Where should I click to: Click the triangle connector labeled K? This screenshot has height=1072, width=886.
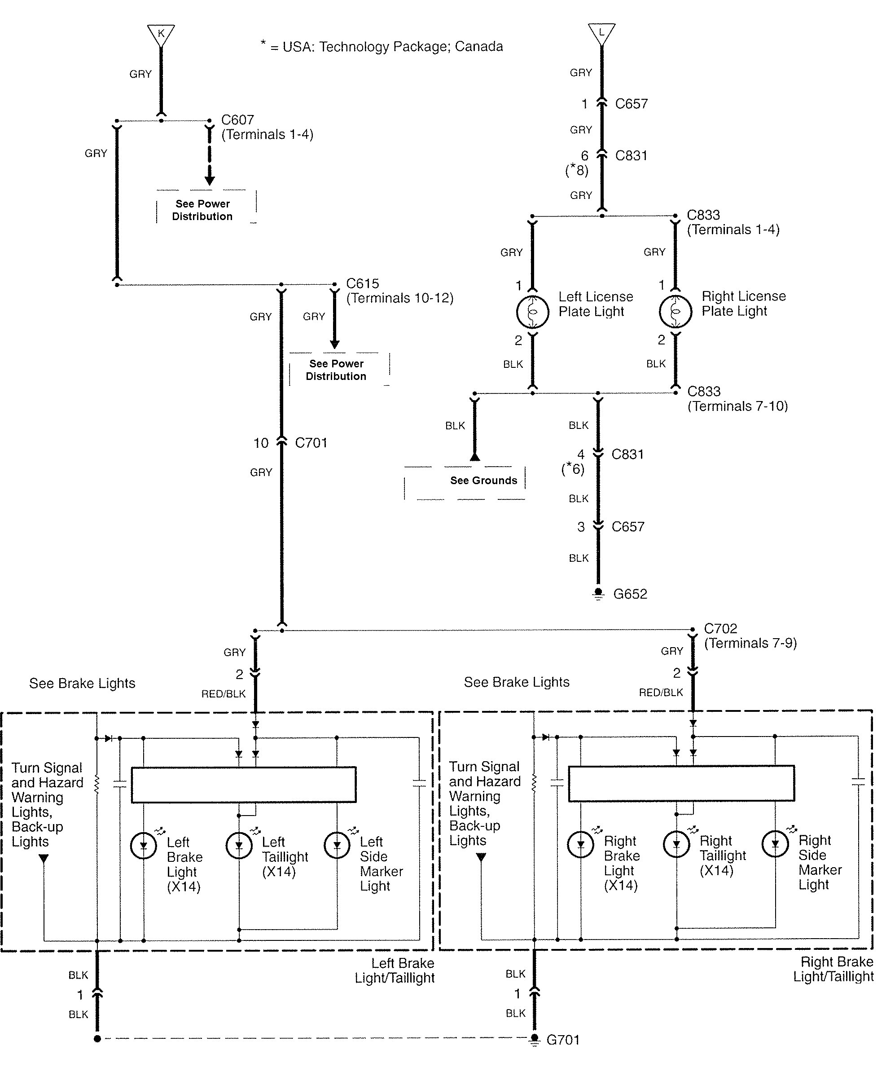click(x=161, y=34)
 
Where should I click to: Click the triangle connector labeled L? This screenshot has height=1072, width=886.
click(x=601, y=33)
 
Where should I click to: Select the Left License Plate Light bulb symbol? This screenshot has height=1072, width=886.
click(x=532, y=311)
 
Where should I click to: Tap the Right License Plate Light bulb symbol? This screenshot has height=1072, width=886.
click(x=675, y=311)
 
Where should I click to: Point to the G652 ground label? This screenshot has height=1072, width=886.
click(x=630, y=594)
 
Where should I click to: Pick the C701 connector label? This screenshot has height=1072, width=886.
click(x=311, y=442)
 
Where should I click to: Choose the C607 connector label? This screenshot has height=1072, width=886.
click(x=237, y=120)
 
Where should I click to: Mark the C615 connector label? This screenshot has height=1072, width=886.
click(x=362, y=283)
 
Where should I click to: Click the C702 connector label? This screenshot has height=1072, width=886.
click(x=720, y=628)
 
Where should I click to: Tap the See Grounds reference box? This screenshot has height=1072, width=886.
click(x=483, y=481)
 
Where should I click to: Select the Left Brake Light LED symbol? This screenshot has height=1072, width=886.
click(x=143, y=846)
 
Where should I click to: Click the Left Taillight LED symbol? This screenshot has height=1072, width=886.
click(x=239, y=845)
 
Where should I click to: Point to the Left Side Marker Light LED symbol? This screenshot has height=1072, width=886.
click(x=337, y=845)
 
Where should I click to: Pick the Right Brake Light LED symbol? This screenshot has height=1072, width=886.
click(x=580, y=844)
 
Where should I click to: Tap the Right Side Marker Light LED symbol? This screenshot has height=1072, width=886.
click(x=775, y=844)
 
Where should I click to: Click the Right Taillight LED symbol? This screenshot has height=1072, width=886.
click(x=676, y=844)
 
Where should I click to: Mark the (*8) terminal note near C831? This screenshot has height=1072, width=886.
click(x=576, y=170)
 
